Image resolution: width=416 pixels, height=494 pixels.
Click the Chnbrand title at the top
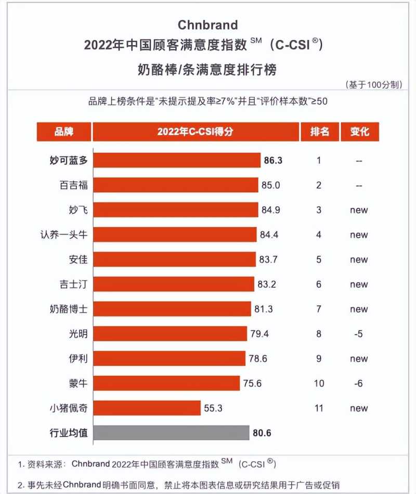click(207, 25)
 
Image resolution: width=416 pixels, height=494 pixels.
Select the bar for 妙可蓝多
click(177, 161)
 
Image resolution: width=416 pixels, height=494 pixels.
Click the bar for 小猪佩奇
click(147, 408)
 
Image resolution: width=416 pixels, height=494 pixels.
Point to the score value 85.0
click(271, 185)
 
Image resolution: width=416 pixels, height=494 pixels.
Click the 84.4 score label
click(269, 235)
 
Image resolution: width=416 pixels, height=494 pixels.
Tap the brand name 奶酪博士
click(66, 309)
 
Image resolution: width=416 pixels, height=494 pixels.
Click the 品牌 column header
click(64, 132)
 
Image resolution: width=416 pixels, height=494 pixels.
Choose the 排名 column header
click(319, 132)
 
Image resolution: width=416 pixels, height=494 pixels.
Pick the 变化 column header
click(359, 132)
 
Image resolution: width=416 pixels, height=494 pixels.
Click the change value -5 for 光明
click(358, 334)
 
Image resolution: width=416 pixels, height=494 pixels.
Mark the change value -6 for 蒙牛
click(358, 383)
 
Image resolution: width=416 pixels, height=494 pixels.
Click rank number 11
click(319, 408)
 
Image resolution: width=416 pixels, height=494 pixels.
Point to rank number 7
click(319, 309)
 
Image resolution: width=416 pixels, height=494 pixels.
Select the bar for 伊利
click(169, 358)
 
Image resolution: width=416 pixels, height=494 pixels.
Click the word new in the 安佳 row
click(359, 260)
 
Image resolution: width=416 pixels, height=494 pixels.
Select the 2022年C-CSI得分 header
click(196, 132)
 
